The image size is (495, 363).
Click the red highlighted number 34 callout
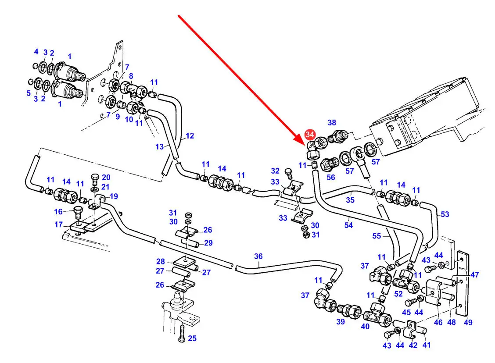[x=310, y=134]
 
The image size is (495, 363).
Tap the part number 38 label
[x=332, y=123]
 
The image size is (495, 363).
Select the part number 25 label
[x=192, y=338]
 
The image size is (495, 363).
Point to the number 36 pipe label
[x=258, y=256]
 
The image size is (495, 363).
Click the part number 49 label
[x=468, y=323]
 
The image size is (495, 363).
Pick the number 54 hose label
[x=348, y=225]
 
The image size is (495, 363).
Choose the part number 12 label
[x=189, y=136]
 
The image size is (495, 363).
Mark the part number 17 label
[x=58, y=225]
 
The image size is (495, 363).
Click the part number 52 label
[x=398, y=294]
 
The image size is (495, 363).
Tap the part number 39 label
[x=341, y=322]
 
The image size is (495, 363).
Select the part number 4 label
[x=36, y=52]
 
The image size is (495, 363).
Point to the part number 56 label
[x=330, y=178]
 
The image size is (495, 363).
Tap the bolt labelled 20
[x=94, y=180]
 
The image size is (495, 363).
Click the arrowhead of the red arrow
[x=305, y=145]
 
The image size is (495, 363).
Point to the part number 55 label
[x=376, y=236]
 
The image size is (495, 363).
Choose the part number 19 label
[x=114, y=196]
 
